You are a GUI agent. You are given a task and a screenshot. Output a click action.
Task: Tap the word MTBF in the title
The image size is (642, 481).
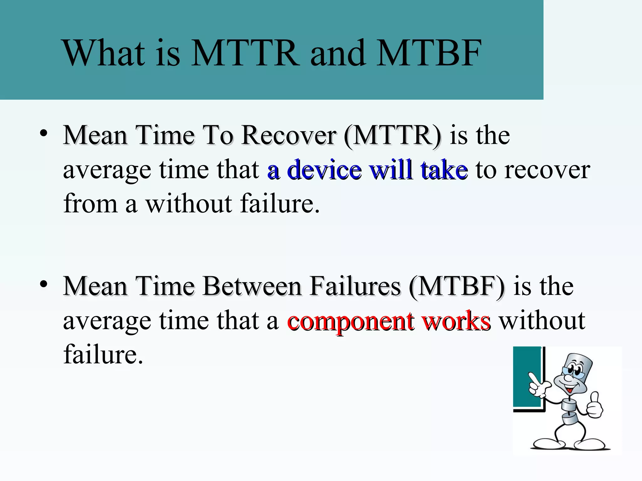429,53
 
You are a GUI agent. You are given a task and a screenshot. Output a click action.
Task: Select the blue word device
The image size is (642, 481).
324,170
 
